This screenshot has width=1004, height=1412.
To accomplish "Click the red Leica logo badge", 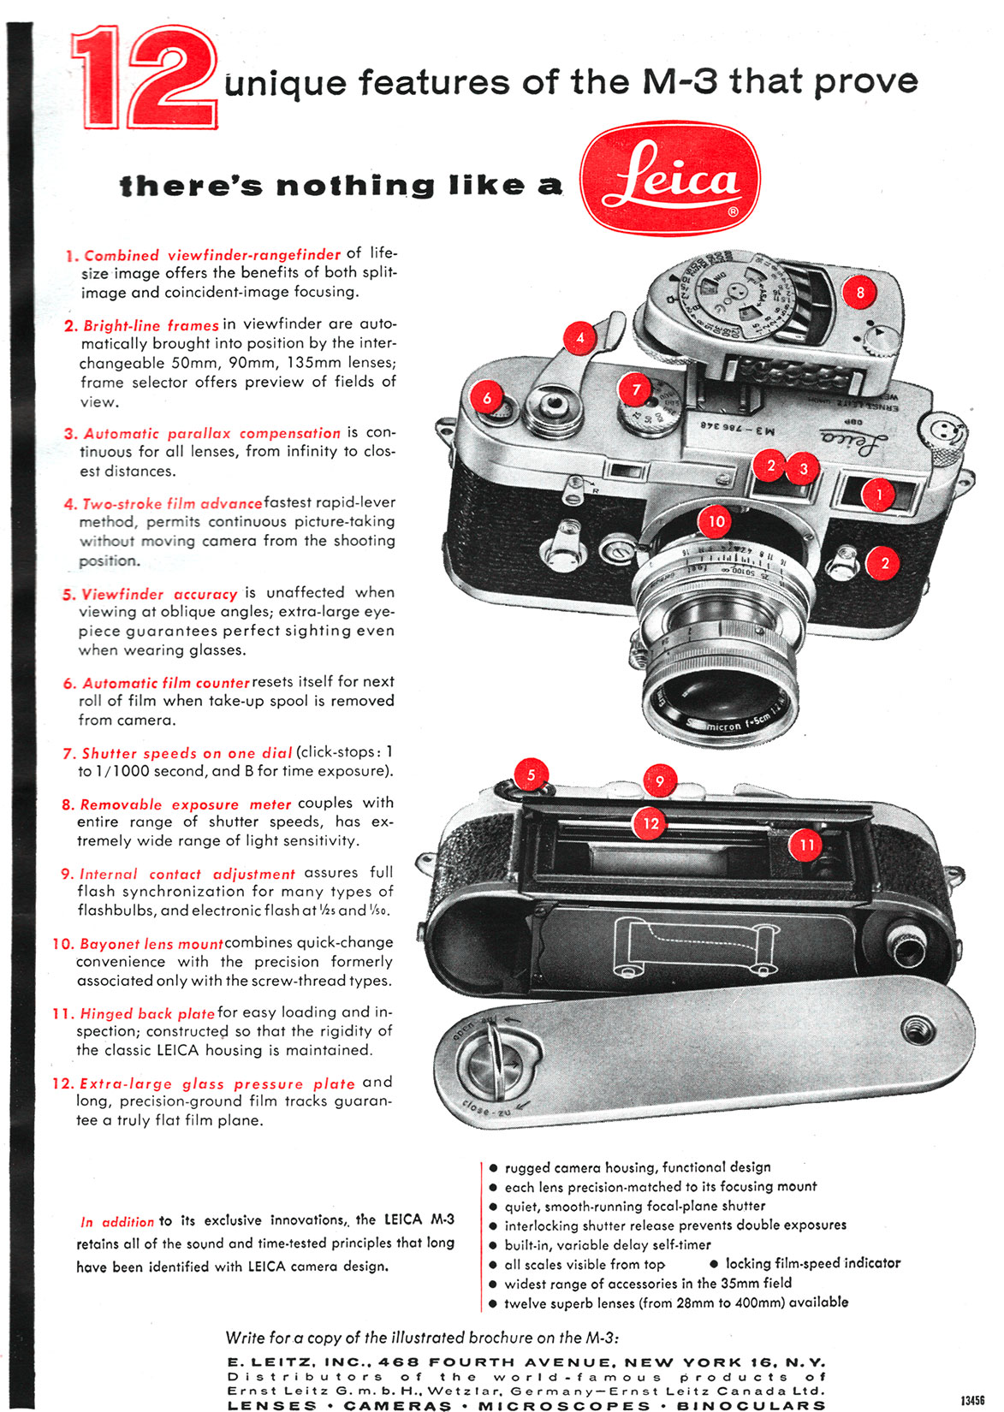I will click(669, 178).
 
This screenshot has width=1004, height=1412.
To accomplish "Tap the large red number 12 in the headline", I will click(144, 79).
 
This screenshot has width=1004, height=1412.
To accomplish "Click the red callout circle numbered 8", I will click(860, 292).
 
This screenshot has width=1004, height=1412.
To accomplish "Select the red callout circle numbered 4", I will click(580, 337).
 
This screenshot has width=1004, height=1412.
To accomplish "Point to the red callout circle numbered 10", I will click(716, 521).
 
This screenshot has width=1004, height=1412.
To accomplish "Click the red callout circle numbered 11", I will click(806, 845).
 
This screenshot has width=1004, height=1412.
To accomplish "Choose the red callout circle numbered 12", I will click(651, 823).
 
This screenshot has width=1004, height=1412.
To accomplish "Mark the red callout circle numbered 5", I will click(531, 775).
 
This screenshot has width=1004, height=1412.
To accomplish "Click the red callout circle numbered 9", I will click(659, 780).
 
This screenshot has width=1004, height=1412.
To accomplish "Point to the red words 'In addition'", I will click(117, 1222).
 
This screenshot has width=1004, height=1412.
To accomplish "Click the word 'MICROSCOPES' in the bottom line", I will click(564, 1405).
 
